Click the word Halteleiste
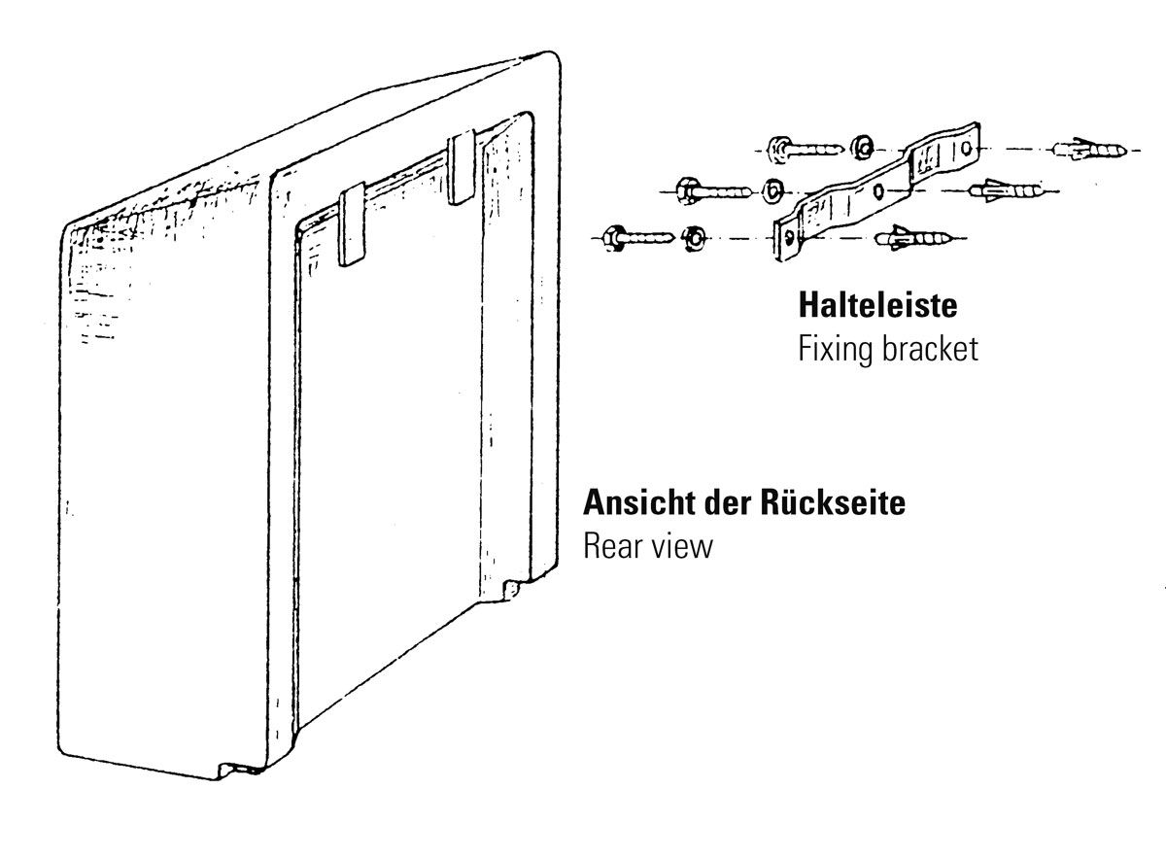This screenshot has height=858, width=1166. click(877, 305)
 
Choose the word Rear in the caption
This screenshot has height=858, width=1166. click(610, 545)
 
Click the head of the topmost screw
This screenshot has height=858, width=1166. click(777, 148)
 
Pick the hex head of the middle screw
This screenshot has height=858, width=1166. click(681, 189)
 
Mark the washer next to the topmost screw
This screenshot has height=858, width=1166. click(860, 148)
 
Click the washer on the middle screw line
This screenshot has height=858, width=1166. click(774, 189)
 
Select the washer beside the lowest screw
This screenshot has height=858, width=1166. click(694, 236)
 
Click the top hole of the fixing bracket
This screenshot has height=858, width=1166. click(965, 148)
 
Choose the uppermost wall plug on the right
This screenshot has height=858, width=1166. click(1088, 150)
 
